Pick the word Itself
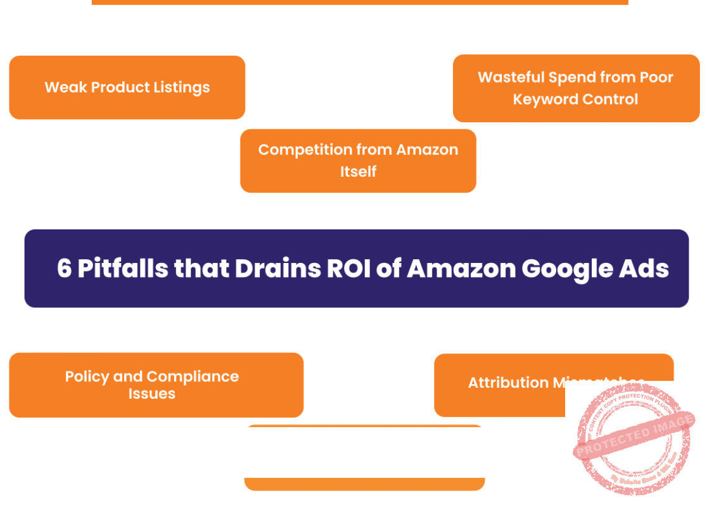point(358,172)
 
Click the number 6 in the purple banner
point(64,269)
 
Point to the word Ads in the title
point(646,269)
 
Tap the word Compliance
point(193,376)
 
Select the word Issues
point(151,394)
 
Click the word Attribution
point(508,383)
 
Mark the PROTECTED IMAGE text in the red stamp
point(634,435)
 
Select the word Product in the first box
point(119,87)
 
